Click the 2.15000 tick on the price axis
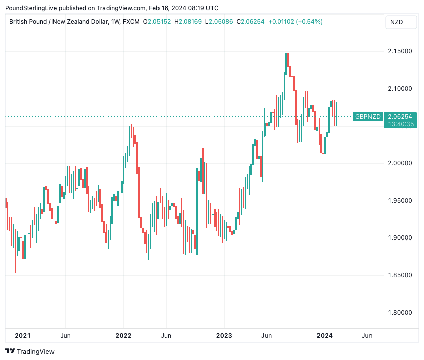tap(399, 51)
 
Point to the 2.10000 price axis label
tap(399, 89)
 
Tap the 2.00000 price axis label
tap(399, 163)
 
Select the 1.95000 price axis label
tap(399, 201)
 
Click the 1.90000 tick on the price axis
tap(399, 238)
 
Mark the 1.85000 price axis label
tap(399, 275)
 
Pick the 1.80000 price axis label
tap(399, 313)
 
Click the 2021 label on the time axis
tap(23, 336)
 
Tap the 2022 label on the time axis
tap(123, 336)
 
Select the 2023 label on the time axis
tap(224, 336)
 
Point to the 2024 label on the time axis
tap(325, 336)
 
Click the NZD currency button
tap(396, 22)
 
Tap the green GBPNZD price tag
tap(367, 116)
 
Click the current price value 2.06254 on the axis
tap(399, 116)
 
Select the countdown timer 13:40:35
tap(399, 124)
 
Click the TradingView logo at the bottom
tap(30, 351)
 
